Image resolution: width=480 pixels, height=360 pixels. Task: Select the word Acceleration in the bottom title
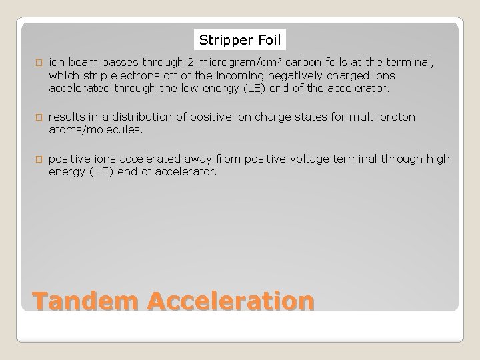(231, 301)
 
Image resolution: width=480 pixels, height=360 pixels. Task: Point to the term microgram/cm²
(245, 62)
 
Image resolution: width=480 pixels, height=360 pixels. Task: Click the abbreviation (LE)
(263, 87)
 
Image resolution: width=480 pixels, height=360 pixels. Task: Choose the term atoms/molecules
(95, 130)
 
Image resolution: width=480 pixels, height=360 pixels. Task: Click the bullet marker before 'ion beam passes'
(39, 63)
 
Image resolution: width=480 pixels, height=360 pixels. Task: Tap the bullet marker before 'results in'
(39, 118)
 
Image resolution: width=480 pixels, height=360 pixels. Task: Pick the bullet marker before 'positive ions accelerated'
(39, 159)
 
